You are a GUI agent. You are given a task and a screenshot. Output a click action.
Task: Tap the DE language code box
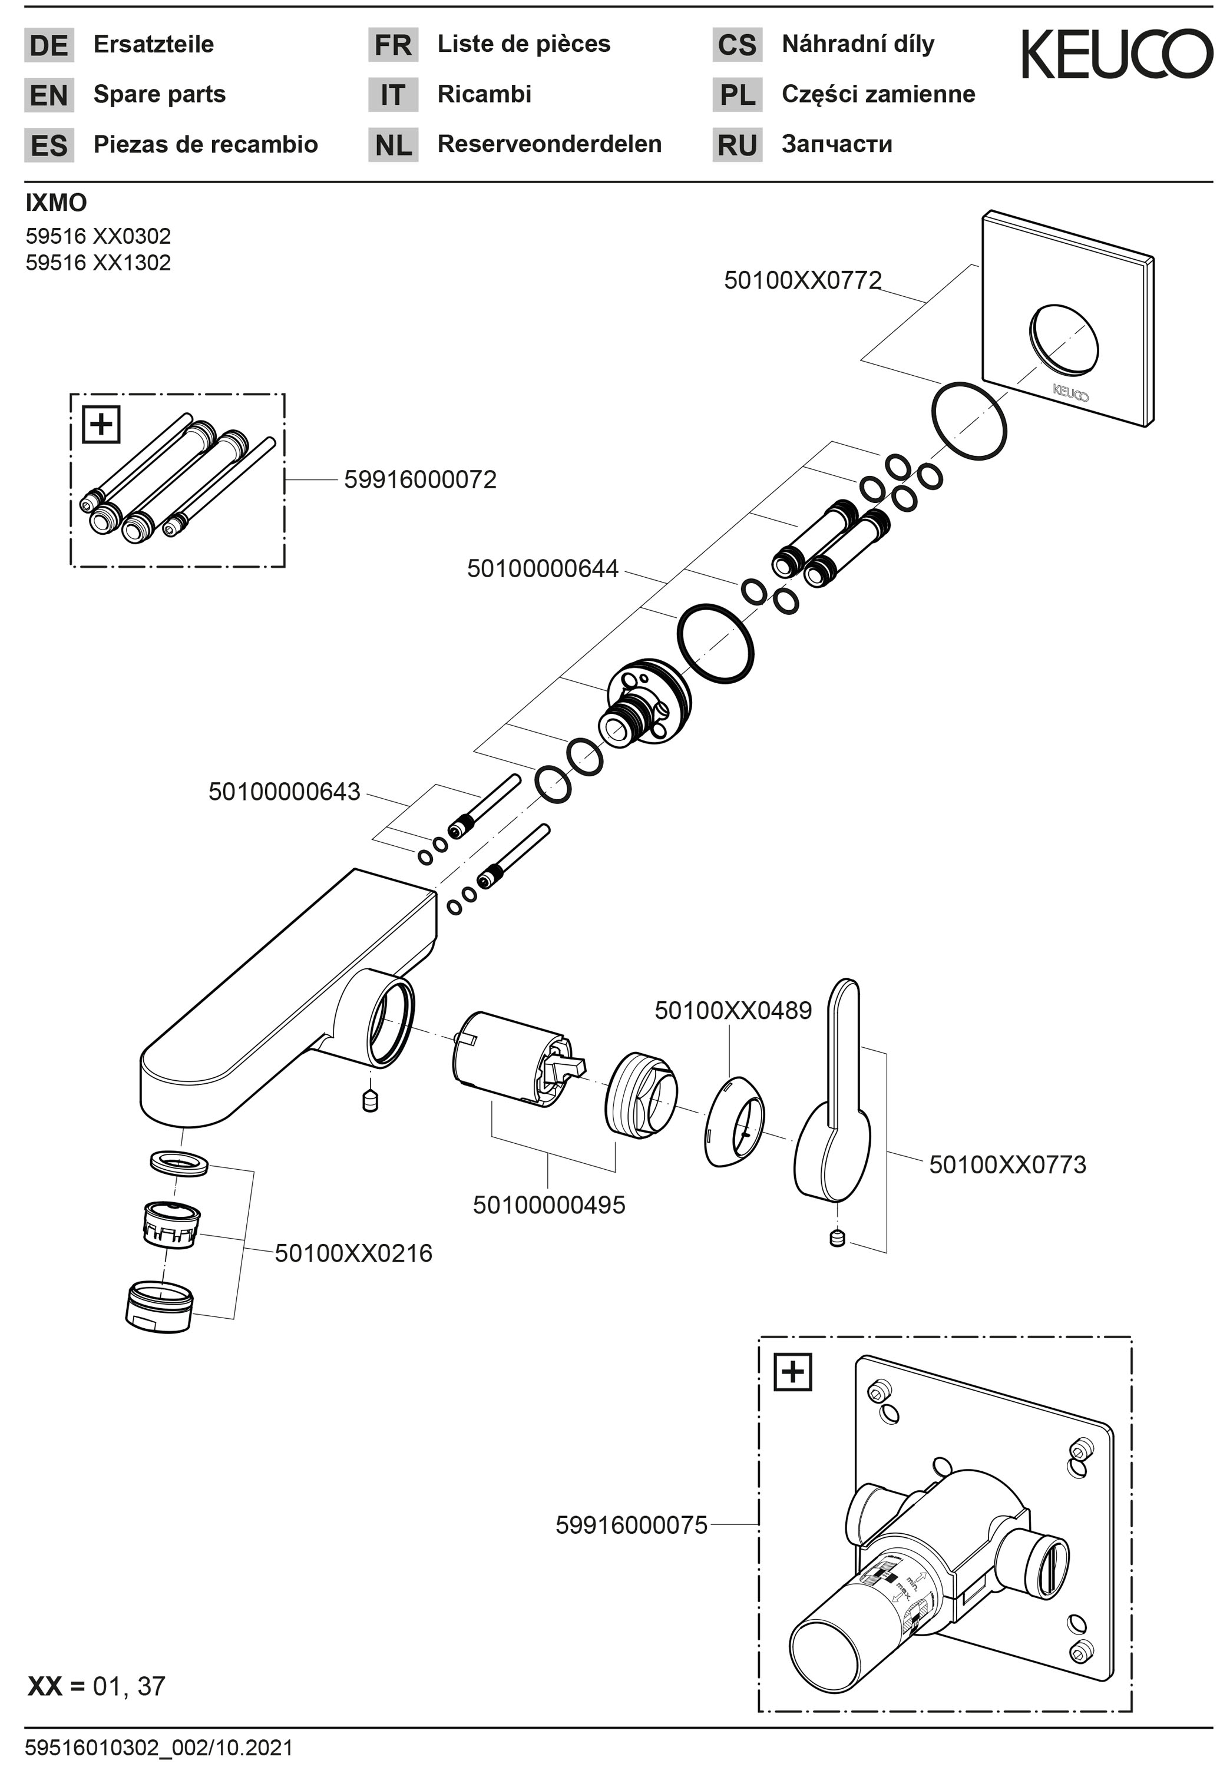click(49, 45)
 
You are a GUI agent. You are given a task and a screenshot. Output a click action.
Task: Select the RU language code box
click(737, 144)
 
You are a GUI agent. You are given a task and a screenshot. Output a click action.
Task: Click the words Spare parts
click(160, 94)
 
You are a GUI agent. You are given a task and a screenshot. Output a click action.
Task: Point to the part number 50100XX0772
click(802, 280)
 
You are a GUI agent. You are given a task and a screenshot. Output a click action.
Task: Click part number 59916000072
click(421, 479)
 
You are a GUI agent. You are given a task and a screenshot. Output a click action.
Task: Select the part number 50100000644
click(543, 568)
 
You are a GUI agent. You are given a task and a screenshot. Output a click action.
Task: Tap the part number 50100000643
click(285, 791)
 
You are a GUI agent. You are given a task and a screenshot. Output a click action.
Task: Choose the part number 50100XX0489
click(733, 1010)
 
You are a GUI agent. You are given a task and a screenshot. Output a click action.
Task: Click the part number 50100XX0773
click(1007, 1165)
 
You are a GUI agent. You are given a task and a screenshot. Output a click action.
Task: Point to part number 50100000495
click(549, 1205)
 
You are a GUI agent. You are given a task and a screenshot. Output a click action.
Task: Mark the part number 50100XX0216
click(353, 1253)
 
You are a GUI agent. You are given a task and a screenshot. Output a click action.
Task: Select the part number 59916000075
click(632, 1526)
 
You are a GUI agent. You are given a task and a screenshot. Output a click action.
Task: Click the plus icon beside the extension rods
click(101, 424)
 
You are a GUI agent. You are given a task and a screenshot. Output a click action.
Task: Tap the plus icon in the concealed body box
click(794, 1372)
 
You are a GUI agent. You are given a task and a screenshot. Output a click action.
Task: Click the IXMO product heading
click(56, 203)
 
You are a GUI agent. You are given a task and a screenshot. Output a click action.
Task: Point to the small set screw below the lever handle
click(838, 1238)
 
